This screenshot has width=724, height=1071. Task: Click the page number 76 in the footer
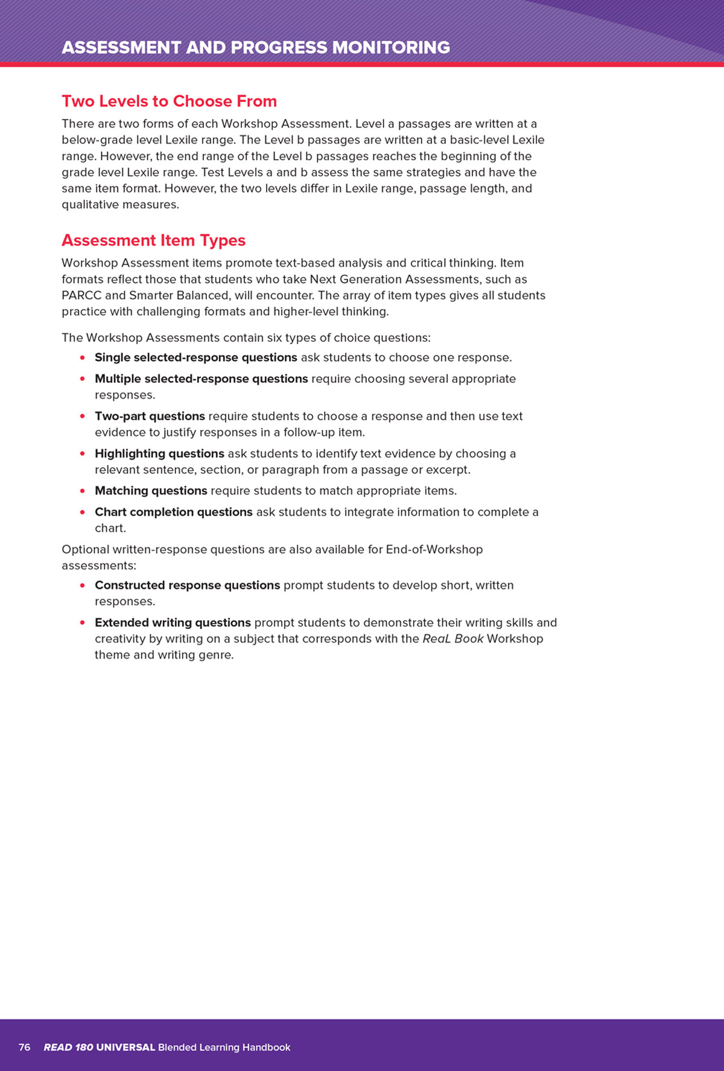point(24,1047)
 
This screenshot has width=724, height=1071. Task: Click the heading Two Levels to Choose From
point(169,101)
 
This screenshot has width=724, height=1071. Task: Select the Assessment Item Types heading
point(153,240)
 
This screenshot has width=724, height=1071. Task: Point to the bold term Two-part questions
point(150,416)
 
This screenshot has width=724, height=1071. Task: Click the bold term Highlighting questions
point(159,453)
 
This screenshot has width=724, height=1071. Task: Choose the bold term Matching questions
point(151,491)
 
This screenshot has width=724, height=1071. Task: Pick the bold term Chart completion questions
point(173,512)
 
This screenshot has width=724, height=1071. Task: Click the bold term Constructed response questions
point(187,585)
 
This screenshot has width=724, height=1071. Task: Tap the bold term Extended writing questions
point(173,622)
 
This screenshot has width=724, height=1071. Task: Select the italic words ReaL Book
point(453,639)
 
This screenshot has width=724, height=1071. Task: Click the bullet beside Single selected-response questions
point(82,357)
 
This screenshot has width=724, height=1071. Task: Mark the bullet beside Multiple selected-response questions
point(82,379)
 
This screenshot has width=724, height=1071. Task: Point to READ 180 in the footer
point(68,1047)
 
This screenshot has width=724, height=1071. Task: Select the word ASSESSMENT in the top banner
point(121,48)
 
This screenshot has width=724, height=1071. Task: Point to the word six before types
point(275,337)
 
